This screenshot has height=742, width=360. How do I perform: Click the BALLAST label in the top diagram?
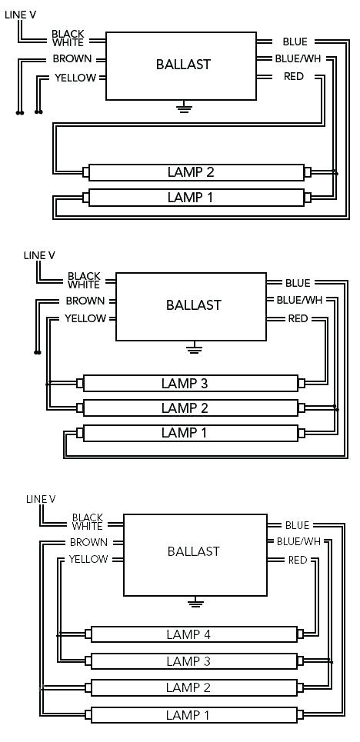pos(183,65)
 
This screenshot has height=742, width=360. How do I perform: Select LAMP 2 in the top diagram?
pos(191,172)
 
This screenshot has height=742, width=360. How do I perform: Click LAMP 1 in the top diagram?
pos(191,198)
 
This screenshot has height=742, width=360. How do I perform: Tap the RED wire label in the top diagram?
pos(294,76)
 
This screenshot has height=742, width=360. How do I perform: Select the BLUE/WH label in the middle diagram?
pos(299,301)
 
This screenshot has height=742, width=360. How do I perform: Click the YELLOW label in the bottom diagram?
pos(88,559)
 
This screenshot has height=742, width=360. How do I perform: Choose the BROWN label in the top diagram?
pos(72,59)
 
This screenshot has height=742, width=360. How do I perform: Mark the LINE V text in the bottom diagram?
pos(41,499)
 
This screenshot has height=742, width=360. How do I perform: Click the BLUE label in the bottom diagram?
pos(297,525)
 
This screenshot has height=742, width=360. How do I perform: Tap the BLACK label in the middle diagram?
pos(84,276)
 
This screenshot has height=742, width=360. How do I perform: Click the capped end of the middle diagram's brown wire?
pos(38,352)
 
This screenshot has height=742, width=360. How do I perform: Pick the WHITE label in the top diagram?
pos(68,42)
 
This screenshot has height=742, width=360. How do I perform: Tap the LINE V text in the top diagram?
pos(20,15)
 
